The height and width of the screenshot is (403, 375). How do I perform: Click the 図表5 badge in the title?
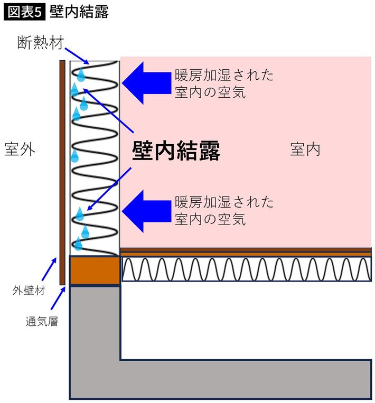coord(24,12)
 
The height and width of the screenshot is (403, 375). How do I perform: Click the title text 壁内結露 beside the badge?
coord(79,12)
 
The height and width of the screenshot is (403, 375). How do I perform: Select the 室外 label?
coord(20,149)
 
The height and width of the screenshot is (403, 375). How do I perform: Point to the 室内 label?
coord(305,149)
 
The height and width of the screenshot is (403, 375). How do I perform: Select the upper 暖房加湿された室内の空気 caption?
coord(224,84)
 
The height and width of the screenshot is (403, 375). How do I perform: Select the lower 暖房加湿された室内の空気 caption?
coord(224,210)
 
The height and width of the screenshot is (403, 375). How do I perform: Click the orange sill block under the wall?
coord(95,270)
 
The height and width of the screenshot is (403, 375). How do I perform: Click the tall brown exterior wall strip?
coord(62,172)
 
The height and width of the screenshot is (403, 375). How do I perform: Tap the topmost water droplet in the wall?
coord(81,74)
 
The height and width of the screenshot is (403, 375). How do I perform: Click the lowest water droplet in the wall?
coord(79,243)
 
